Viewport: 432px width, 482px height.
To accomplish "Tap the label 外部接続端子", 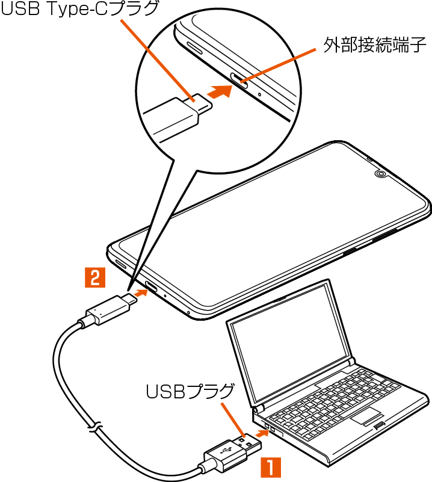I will [x=374, y=47].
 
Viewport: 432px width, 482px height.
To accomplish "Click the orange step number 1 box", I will [x=270, y=466].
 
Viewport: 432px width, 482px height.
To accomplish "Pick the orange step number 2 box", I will [x=96, y=277].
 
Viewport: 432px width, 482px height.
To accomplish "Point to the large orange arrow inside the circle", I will [x=220, y=92].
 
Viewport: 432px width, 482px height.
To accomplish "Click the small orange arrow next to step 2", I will [x=140, y=293].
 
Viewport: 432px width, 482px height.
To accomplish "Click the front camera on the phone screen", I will [x=380, y=175].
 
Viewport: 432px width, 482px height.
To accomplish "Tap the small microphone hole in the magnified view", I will [x=259, y=94].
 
